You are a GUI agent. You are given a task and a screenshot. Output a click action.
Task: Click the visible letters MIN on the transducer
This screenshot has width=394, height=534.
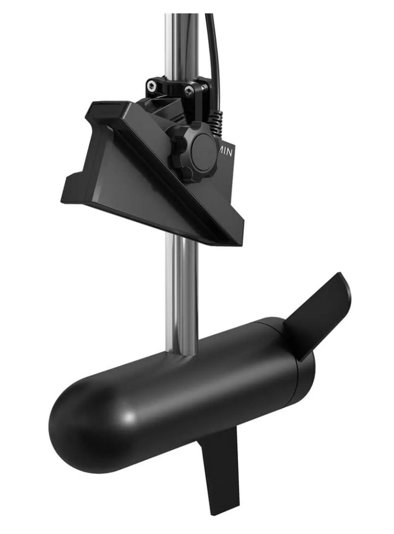click(x=226, y=152)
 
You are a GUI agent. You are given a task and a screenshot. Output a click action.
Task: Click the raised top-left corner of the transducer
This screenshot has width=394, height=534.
click(x=96, y=108)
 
